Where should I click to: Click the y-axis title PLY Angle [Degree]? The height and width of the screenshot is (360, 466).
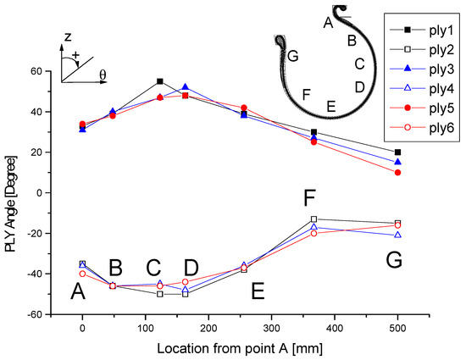coord(11,192)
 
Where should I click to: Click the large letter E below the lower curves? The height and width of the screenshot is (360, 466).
coord(258,291)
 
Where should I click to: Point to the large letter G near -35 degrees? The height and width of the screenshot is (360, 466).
coord(392,261)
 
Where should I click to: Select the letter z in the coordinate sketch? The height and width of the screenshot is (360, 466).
coord(66,38)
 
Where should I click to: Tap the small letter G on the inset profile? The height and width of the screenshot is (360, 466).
coord(292,57)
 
